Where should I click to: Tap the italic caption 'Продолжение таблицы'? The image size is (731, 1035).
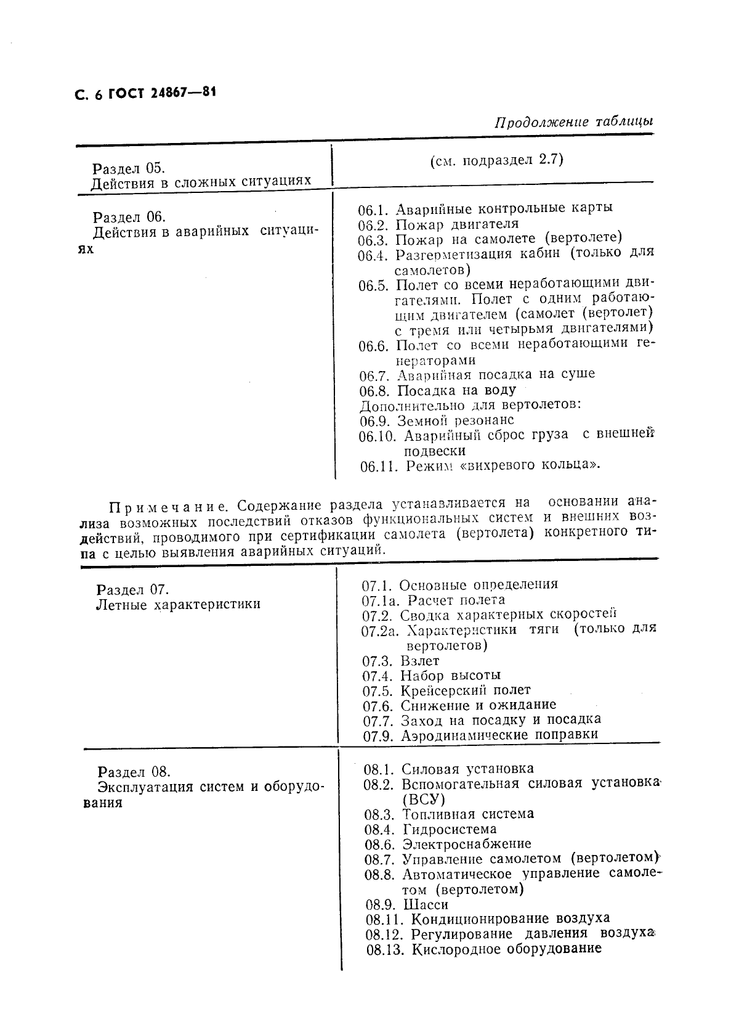tap(573, 121)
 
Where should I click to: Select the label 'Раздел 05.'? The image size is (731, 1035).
tap(128, 168)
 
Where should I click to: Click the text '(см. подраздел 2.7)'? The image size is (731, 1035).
tap(496, 160)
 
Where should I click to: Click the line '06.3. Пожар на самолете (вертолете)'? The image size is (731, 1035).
tap(490, 238)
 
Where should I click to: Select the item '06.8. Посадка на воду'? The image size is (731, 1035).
tap(437, 390)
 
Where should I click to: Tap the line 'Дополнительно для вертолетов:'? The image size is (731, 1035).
tap(471, 405)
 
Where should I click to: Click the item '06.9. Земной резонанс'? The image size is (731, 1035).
tap(436, 420)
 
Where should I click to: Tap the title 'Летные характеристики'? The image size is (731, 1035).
tap(178, 604)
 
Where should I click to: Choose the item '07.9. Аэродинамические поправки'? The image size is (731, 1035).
tap(480, 735)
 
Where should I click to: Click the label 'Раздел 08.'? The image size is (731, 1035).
tap(134, 772)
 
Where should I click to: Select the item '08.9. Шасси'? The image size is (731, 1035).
tap(406, 904)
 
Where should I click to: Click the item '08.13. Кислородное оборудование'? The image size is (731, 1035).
tap(483, 949)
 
